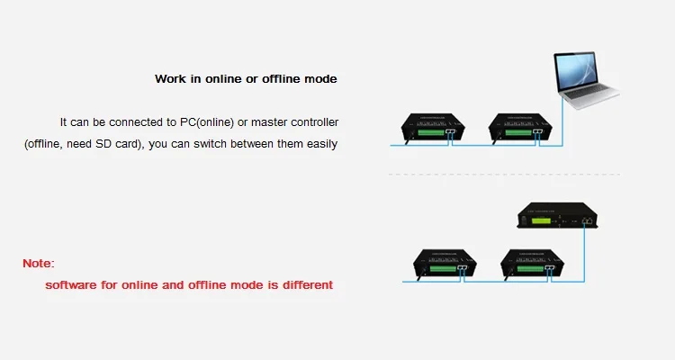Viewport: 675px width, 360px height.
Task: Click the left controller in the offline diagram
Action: (x=441, y=263)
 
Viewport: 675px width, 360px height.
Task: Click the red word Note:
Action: (x=39, y=264)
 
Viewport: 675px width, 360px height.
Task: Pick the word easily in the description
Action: (x=319, y=144)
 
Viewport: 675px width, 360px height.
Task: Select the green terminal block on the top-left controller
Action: (x=436, y=133)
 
